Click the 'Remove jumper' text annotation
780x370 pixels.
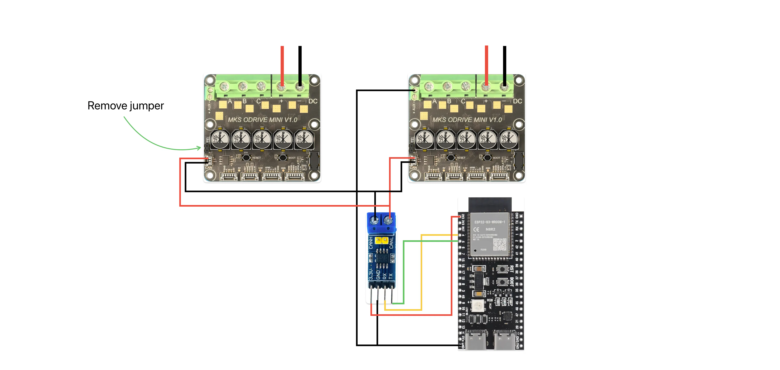[x=126, y=106]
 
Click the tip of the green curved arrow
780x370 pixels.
[x=200, y=148]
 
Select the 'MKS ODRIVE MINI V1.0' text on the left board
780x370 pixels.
[x=262, y=120]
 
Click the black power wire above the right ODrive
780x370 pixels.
[x=504, y=64]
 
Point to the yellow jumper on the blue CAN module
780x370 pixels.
[x=382, y=241]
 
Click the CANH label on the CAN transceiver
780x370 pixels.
[x=371, y=243]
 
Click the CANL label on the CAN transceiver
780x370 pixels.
[x=391, y=243]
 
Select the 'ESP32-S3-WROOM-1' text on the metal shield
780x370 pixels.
[x=490, y=222]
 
